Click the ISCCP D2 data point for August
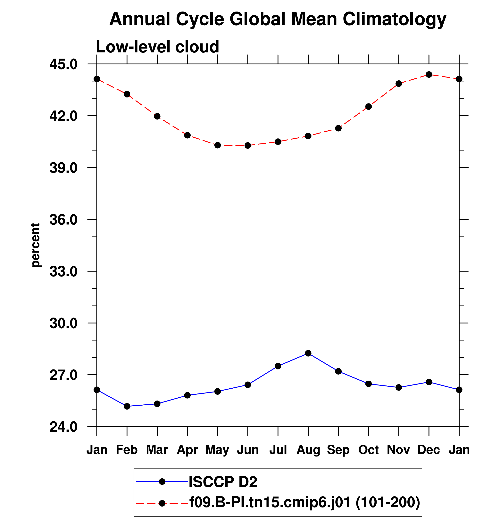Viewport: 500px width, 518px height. click(308, 353)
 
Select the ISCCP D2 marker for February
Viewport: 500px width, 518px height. click(127, 406)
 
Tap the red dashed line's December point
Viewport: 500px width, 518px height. click(429, 75)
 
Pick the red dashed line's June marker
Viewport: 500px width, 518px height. click(248, 145)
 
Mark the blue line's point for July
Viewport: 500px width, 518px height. click(278, 366)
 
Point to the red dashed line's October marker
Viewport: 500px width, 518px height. click(369, 107)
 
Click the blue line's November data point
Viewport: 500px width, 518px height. click(399, 387)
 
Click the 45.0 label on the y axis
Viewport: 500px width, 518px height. click(63, 64)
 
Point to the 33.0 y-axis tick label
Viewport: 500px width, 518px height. click(63, 271)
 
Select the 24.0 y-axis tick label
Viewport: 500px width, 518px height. click(63, 427)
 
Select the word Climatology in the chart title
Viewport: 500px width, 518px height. click(395, 19)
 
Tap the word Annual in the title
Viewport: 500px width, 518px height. click(140, 19)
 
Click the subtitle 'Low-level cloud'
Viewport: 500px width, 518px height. click(157, 47)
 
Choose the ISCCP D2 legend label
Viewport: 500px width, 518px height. click(223, 482)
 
